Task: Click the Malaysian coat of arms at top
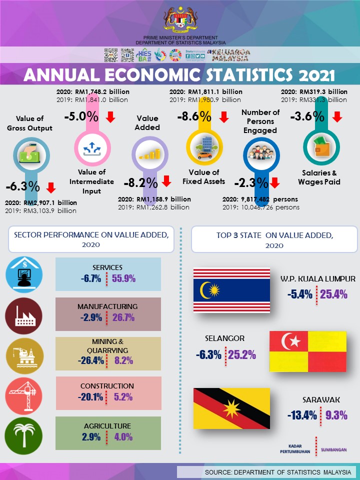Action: [x=180, y=19]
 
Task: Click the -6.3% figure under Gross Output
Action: [x=22, y=187]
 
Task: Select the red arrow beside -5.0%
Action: [x=110, y=117]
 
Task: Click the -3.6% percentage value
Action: [x=307, y=116]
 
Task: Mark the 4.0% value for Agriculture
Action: [x=123, y=436]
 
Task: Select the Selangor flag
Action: [x=307, y=350]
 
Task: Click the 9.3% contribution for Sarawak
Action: [x=336, y=415]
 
